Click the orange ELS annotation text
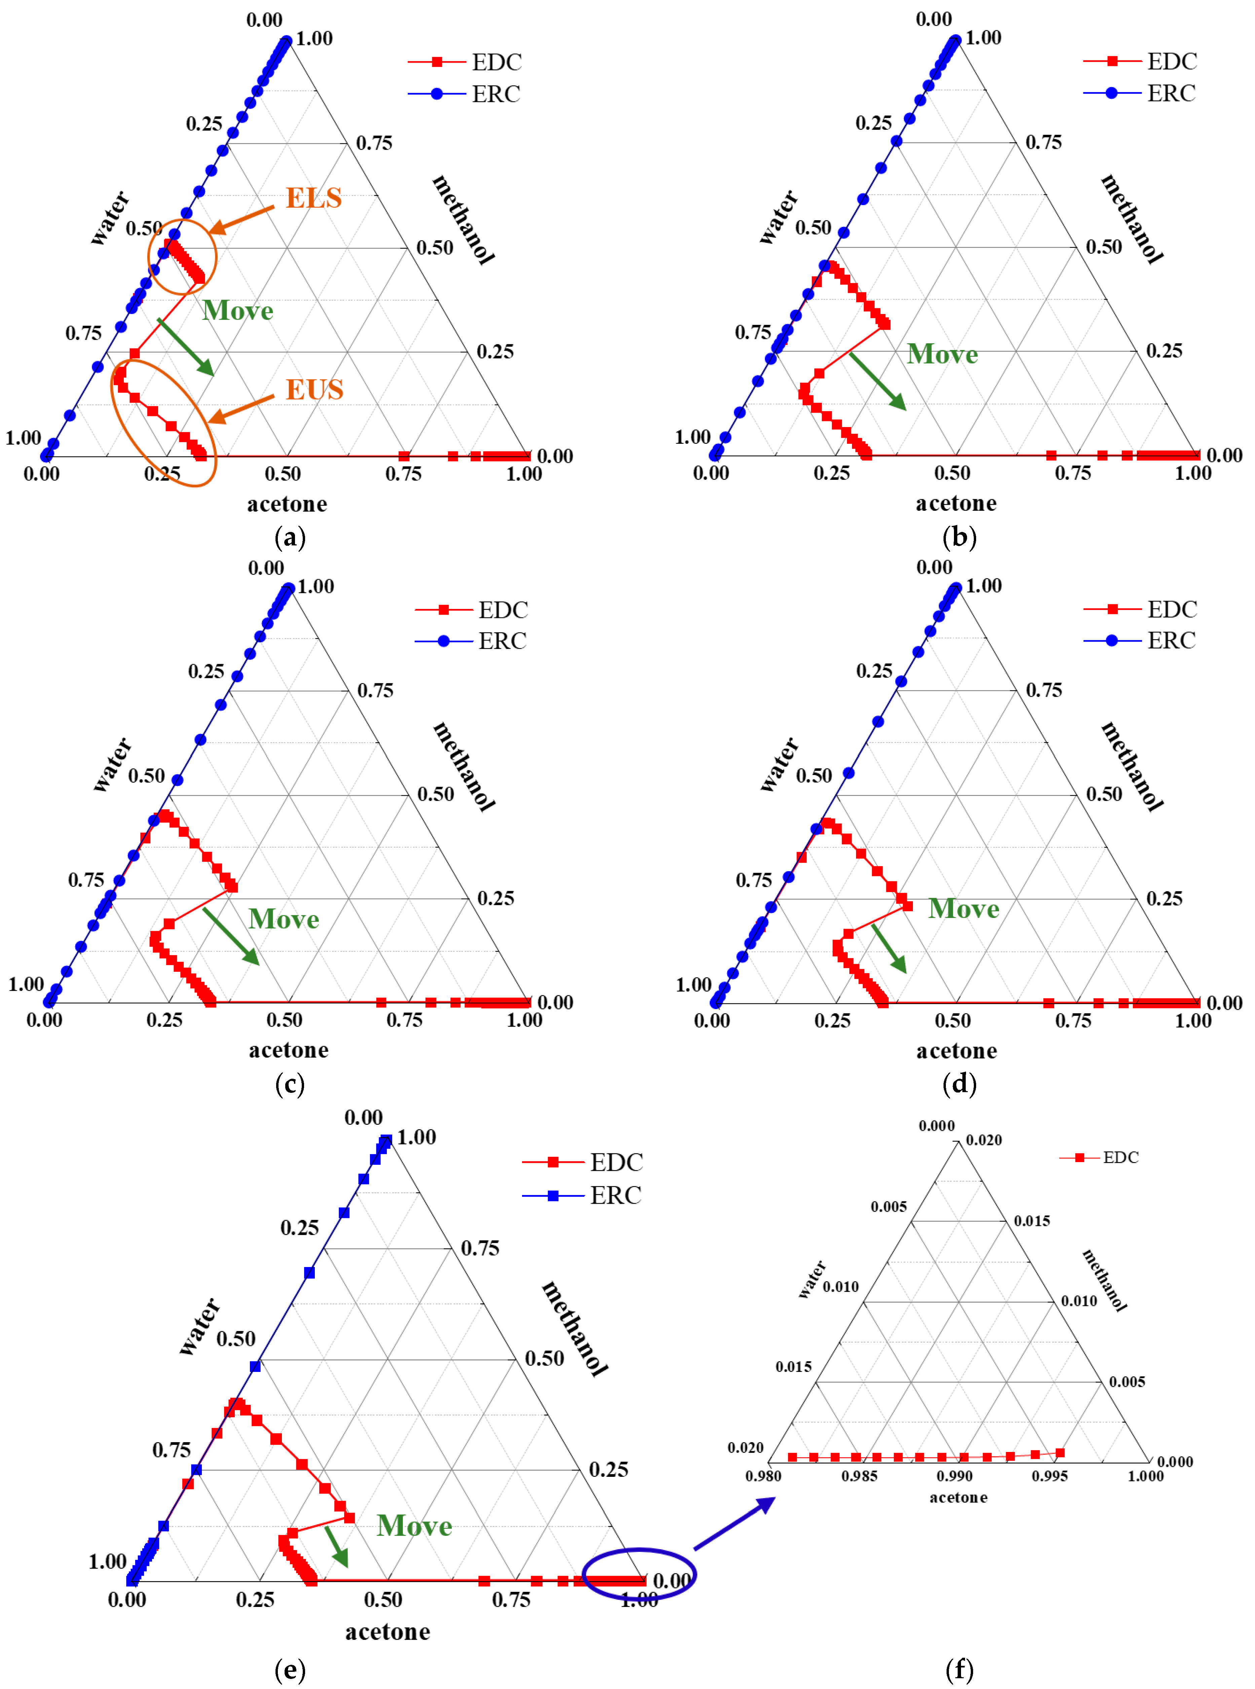313,197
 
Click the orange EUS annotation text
314,390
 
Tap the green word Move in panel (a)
238,311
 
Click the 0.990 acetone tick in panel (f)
954,1475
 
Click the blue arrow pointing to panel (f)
734,1524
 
